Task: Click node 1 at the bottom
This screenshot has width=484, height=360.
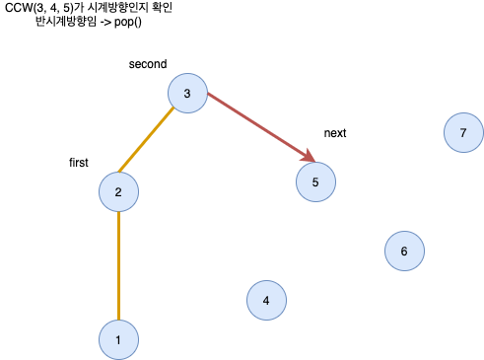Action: click(x=118, y=339)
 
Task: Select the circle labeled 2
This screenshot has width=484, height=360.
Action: click(x=118, y=191)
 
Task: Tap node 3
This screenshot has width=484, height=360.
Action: click(x=187, y=94)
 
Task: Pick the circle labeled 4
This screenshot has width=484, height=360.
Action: click(x=266, y=300)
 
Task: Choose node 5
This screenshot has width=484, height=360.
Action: click(x=315, y=181)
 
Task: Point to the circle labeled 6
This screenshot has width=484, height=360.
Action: click(x=404, y=251)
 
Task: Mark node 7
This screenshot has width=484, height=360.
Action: click(x=463, y=132)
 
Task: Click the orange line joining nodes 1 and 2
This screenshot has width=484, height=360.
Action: click(x=118, y=266)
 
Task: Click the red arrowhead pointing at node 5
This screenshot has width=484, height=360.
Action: click(x=309, y=158)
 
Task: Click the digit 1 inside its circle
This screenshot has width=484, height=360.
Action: click(x=118, y=340)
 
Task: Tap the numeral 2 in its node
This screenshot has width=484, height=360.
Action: click(x=118, y=192)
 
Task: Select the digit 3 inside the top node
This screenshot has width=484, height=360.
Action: click(x=187, y=95)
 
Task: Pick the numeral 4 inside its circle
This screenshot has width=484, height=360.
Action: click(x=266, y=301)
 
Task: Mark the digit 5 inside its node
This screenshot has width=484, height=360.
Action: click(x=315, y=182)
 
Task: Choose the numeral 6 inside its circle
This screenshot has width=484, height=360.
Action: click(x=404, y=252)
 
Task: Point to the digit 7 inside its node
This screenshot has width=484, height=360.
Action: click(x=463, y=133)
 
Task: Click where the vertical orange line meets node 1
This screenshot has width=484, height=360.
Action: click(x=118, y=321)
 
